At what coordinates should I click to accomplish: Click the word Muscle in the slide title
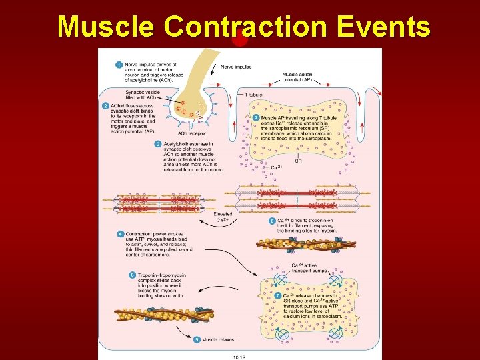click(x=107, y=27)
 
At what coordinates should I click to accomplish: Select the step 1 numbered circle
click(x=118, y=65)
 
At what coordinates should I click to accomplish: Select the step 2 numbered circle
click(x=105, y=105)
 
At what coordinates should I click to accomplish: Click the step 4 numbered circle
click(x=257, y=117)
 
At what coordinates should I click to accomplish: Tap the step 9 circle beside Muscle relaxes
click(x=197, y=339)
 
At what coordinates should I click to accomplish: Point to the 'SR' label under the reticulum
click(x=298, y=161)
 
